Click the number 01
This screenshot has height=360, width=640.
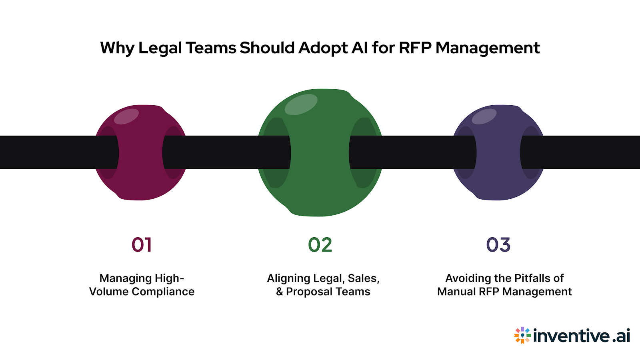(x=142, y=245)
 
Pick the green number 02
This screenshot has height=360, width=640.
(x=320, y=245)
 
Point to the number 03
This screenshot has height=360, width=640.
(x=498, y=245)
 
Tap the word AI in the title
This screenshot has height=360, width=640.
(x=360, y=48)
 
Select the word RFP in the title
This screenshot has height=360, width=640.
(x=415, y=48)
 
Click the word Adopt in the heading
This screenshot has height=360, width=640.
(x=323, y=48)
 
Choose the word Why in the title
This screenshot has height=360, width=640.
(x=117, y=48)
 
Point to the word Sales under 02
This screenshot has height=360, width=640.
(x=363, y=278)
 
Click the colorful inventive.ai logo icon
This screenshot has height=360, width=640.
(x=522, y=335)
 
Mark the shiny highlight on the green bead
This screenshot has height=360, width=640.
(x=301, y=104)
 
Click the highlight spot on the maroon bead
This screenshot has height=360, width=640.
(x=126, y=116)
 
